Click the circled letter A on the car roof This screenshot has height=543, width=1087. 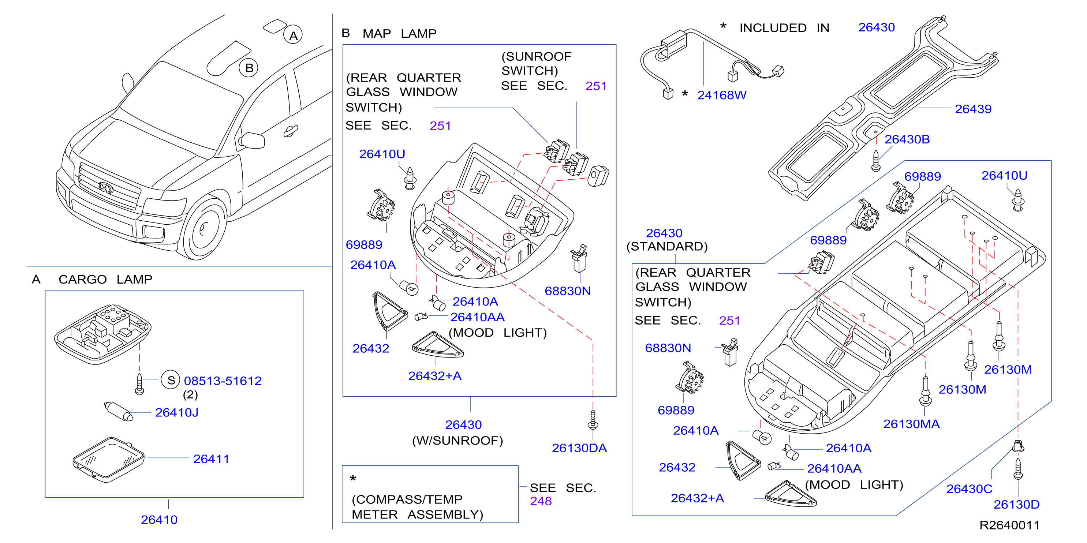pos(293,35)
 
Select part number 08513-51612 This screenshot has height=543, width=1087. pos(223,381)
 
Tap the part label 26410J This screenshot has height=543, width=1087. pos(177,413)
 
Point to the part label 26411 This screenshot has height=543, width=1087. pos(211,459)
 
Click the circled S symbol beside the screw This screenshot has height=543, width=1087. pos(171,381)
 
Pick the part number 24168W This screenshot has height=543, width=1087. pos(722,96)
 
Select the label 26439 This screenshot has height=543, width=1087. pos(973,109)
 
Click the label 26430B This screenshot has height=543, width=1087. pos(907,140)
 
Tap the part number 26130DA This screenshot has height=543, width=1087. pos(579,448)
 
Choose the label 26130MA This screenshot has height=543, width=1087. pos(911,424)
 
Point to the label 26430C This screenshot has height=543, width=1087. pos(969,489)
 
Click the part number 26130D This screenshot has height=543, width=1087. pos(1016,505)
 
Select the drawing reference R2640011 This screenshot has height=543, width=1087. pos(1009,525)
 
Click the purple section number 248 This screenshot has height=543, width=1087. pos(541,501)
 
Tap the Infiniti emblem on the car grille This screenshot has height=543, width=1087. pos(106,187)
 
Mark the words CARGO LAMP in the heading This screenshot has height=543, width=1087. pos(105,279)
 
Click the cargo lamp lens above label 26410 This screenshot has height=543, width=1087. pos(108,460)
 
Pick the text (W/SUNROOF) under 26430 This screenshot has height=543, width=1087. pos(457,441)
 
